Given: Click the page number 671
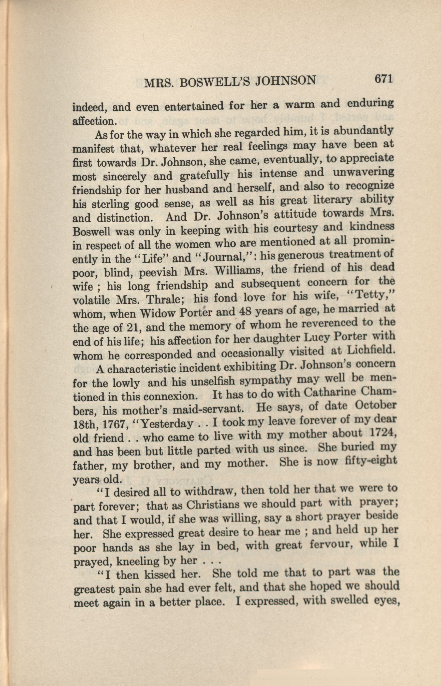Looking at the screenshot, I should click(383, 79).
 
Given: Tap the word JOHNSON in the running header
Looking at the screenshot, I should click(285, 80).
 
